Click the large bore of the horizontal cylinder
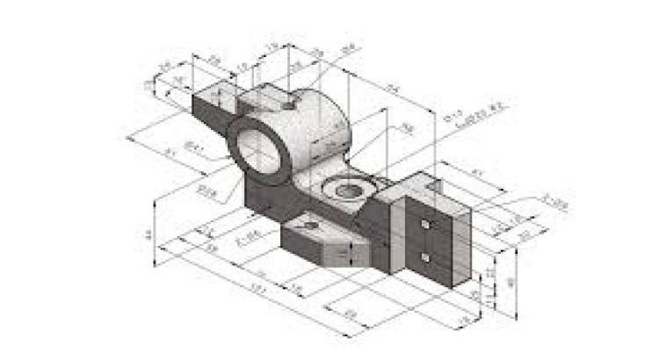point(261,146)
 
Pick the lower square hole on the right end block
point(425,257)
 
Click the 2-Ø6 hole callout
point(250,236)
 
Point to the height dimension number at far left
point(148,234)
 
